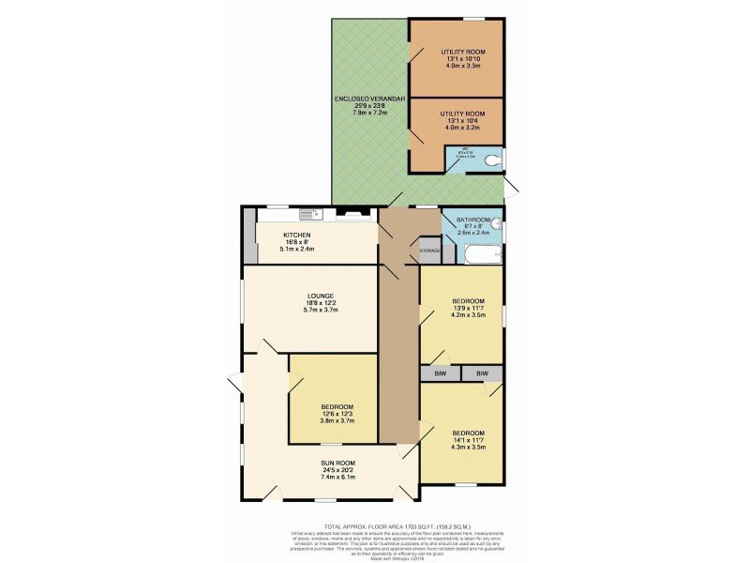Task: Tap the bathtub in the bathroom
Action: pos(478,255)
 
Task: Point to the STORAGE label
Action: pos(430,251)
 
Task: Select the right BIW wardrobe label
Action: pos(483,373)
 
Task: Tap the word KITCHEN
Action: pos(297,235)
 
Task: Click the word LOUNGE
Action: pos(321,297)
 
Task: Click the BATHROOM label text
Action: pos(473,220)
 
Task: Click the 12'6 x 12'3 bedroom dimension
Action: pos(337,414)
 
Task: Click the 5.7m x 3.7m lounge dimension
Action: pos(321,311)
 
